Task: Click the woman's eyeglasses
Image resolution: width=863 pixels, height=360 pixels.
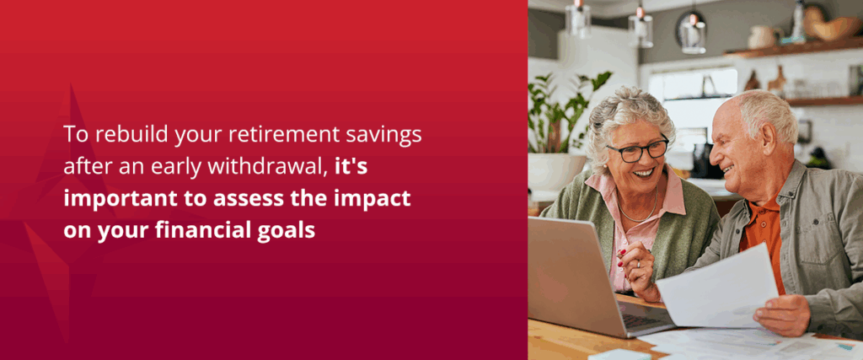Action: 638,151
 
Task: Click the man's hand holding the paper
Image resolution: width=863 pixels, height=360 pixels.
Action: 780,314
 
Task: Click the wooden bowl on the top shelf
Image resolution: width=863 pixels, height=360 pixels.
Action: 834,28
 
